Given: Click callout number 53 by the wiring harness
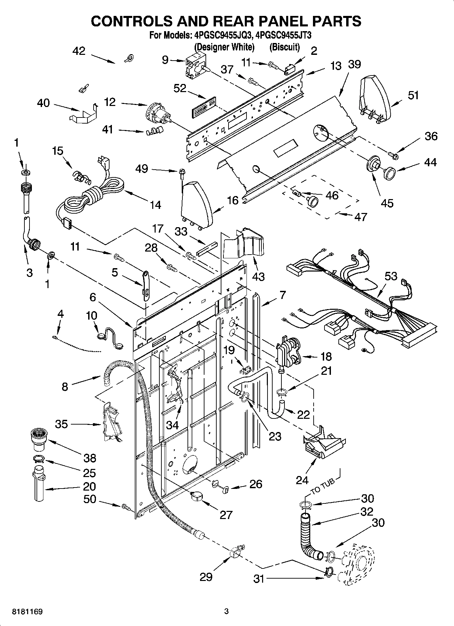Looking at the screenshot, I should point(391,276).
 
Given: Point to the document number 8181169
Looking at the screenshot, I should point(22,611).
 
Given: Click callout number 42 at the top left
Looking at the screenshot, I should point(79,51).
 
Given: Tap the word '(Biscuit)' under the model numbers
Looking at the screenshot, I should point(284,47).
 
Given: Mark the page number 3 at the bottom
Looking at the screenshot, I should point(226,611).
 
